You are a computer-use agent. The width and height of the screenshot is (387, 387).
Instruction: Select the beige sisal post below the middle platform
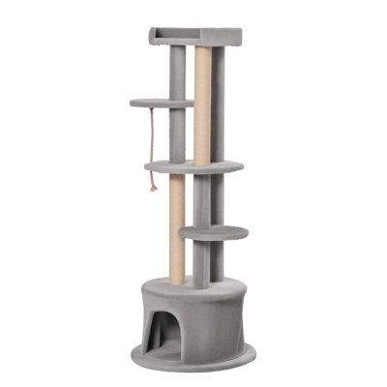[178, 227]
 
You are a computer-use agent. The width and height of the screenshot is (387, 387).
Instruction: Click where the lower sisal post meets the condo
[177, 281]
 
